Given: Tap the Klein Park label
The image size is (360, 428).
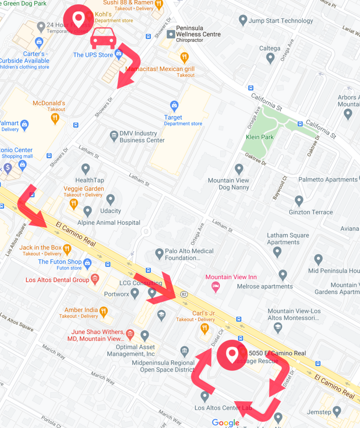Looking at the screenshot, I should tap(260, 137).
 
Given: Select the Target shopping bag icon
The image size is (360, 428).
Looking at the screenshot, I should tap(174, 105).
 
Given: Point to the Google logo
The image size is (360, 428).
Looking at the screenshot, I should tap(225, 423).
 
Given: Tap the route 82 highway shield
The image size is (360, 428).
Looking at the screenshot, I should tap(184, 294).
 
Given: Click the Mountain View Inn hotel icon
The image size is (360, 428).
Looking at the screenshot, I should tap(215, 286).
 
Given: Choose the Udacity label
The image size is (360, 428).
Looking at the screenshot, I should tap(110, 211).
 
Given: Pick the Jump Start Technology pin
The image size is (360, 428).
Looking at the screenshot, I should tap(243, 20).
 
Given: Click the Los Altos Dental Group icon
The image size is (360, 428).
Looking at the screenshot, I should tap(95, 279).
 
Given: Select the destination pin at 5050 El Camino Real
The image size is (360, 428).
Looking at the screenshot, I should tap(232, 354).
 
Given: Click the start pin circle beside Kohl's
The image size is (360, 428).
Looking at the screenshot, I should tap(78, 19).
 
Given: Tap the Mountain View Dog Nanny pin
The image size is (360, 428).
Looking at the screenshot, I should tap(239, 169).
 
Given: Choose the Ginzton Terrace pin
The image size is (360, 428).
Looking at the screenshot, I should tap(299, 201).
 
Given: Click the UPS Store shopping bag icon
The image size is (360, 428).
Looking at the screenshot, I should tap(119, 53).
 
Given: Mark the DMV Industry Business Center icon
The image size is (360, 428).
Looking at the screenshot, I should tap(114, 135).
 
